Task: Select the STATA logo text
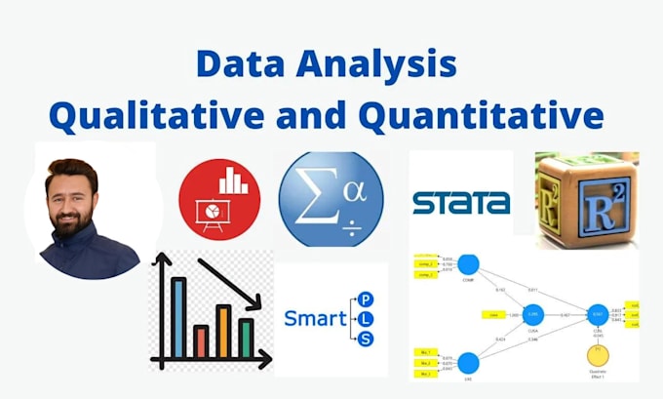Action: (x=460, y=203)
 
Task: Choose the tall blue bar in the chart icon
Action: (x=178, y=317)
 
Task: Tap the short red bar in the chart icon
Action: (x=201, y=340)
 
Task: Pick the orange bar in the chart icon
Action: (x=223, y=331)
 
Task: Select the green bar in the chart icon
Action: (x=246, y=338)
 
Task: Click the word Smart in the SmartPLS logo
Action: (x=314, y=318)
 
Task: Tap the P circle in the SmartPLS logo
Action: (x=365, y=298)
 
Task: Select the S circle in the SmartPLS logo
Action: (x=365, y=339)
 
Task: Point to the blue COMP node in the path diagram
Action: (x=469, y=264)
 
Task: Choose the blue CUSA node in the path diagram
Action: (x=532, y=314)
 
